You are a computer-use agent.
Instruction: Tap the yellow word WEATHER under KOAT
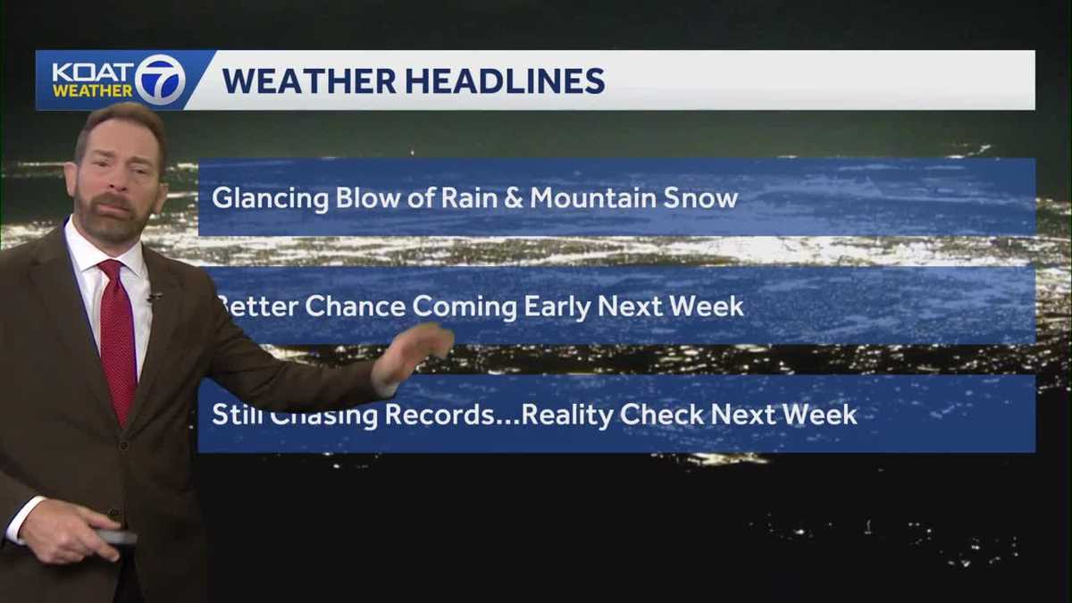[x=92, y=91]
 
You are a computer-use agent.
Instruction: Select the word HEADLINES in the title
[x=505, y=80]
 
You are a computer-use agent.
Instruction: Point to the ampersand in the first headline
[x=512, y=197]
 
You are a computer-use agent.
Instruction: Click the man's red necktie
[x=117, y=339]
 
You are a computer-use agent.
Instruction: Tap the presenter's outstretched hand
[x=413, y=350]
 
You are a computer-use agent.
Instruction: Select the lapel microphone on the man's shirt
[x=154, y=296]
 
